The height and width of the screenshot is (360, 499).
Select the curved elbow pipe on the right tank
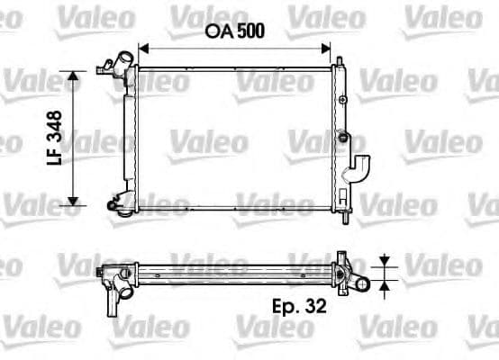(x=359, y=168)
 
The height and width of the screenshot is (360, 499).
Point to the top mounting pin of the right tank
(x=340, y=61)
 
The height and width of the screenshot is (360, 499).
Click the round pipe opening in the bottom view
(x=360, y=284)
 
